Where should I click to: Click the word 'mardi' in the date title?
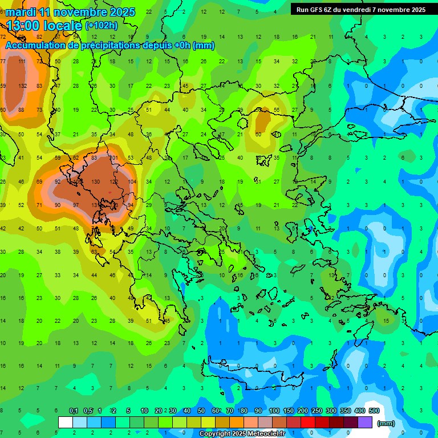tap(21, 12)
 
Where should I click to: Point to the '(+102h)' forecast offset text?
tap(102, 26)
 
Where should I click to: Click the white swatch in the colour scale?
tap(66, 423)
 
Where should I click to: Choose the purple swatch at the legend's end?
tap(365, 423)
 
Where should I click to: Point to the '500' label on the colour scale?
tap(374, 411)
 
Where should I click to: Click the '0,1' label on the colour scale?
tap(74, 411)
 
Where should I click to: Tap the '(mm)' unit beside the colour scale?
tap(386, 424)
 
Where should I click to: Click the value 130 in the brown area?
tap(95, 182)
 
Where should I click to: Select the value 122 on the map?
tap(113, 182)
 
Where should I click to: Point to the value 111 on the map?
tap(22, 62)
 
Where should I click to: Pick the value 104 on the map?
tap(132, 182)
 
